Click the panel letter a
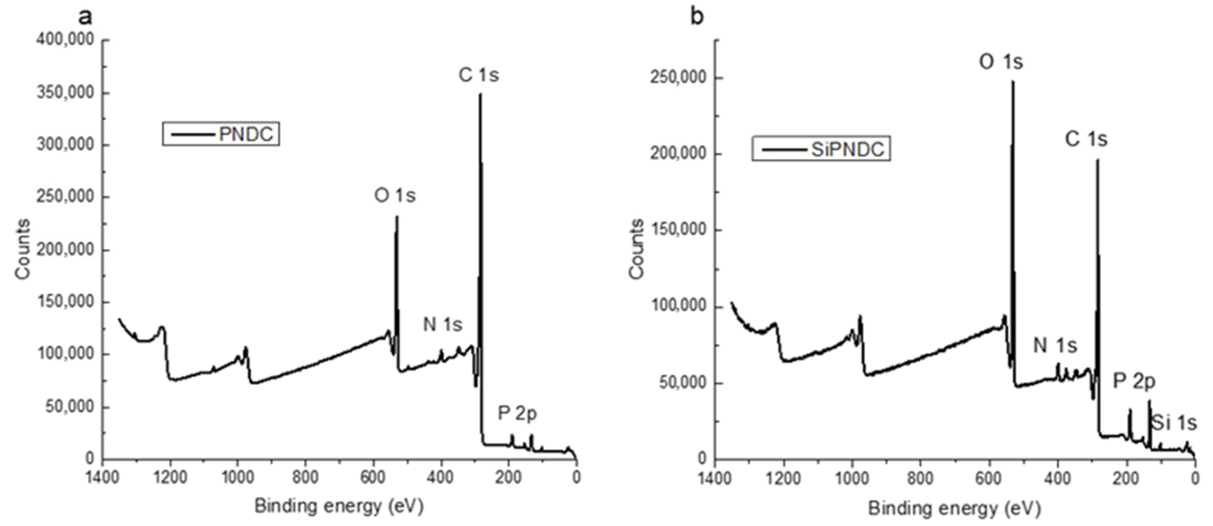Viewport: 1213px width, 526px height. point(85,17)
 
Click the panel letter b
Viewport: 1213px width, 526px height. point(697,17)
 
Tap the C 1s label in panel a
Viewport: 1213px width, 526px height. point(479,75)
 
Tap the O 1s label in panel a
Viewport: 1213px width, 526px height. point(395,195)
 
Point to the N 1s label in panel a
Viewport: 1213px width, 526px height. point(443,324)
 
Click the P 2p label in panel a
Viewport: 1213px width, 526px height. point(518,414)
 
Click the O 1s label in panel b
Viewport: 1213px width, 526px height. point(1001,62)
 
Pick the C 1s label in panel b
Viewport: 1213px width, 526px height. point(1086,139)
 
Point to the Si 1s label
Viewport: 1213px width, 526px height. point(1174,424)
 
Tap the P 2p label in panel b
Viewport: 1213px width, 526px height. point(1134,381)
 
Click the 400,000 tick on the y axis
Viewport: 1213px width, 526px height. point(65,41)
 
